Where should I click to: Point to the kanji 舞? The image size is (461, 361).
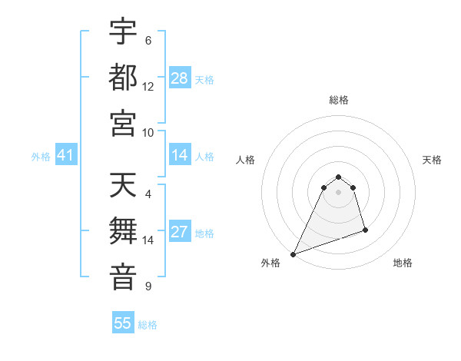click(123, 230)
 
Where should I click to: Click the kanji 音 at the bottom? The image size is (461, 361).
click(123, 276)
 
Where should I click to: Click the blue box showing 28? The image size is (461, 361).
click(180, 78)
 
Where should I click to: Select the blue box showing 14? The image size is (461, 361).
click(180, 156)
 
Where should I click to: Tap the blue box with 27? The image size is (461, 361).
click(180, 233)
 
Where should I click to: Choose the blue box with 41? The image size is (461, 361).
click(66, 156)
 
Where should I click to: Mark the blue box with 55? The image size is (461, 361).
click(123, 323)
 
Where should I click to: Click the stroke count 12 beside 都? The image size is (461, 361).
click(148, 86)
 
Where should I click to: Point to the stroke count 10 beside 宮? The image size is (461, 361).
click(148, 131)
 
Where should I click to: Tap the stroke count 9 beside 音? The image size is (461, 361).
click(148, 286)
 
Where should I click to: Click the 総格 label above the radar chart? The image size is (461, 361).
click(339, 100)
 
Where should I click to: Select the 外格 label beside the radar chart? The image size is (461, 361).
click(270, 263)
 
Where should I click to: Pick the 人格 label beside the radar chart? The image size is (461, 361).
click(246, 160)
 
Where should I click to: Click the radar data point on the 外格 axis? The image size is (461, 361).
click(293, 254)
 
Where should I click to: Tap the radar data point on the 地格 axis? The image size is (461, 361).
click(365, 230)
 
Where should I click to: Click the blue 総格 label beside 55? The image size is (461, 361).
click(148, 325)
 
